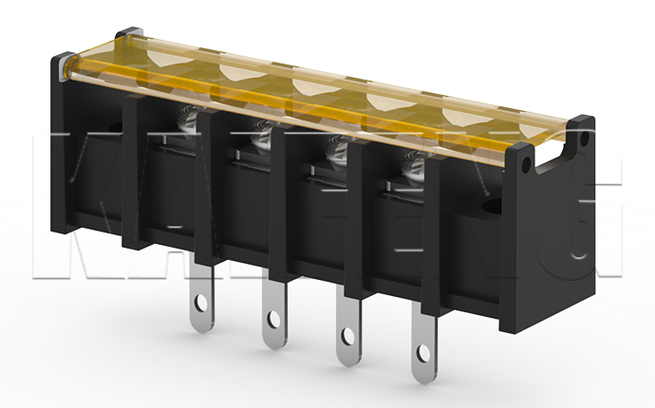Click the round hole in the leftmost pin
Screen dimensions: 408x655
point(201,306)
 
